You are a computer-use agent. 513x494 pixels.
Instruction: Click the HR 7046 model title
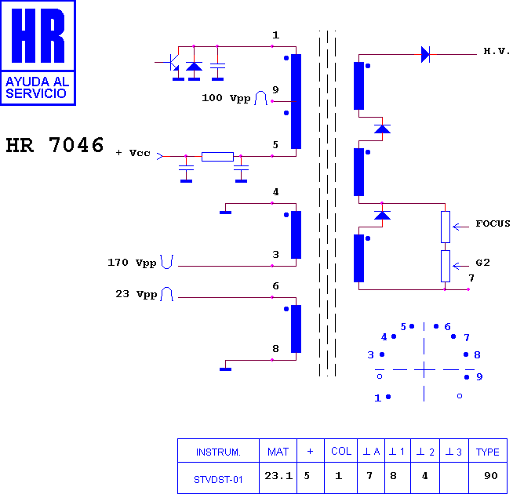click(55, 145)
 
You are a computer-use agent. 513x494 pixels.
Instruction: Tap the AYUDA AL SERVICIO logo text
click(38, 87)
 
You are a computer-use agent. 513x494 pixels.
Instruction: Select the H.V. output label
click(497, 51)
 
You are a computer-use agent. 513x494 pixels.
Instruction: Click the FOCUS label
click(493, 223)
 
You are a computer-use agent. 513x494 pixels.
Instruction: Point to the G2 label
click(482, 263)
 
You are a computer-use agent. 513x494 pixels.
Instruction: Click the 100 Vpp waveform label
click(226, 98)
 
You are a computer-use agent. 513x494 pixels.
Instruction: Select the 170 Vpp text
click(132, 263)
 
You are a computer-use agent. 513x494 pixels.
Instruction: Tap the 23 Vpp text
click(136, 294)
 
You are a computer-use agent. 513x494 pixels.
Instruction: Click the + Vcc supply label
click(133, 153)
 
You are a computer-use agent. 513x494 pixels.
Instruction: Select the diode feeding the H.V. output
click(425, 54)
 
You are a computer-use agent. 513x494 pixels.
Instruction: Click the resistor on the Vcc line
click(217, 157)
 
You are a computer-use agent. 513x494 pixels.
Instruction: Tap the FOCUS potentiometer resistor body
click(446, 227)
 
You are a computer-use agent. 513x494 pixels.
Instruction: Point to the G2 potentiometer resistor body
click(446, 267)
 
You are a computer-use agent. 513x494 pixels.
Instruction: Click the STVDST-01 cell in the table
click(218, 480)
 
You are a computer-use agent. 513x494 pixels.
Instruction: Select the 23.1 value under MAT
click(278, 476)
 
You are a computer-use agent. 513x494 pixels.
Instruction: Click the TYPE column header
click(487, 452)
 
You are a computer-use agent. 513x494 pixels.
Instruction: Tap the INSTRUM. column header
click(218, 452)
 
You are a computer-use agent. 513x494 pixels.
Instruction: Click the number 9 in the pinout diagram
click(479, 377)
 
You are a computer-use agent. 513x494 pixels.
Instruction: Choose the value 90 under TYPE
click(491, 476)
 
